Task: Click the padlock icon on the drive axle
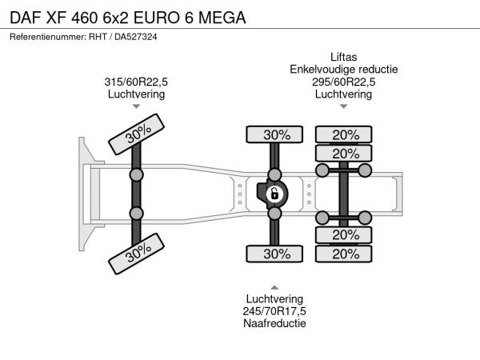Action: [x=274, y=194]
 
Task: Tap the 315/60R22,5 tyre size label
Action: [x=136, y=82]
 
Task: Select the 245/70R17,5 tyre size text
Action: [x=274, y=311]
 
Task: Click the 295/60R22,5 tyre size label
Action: [x=343, y=82]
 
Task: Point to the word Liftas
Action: [x=343, y=57]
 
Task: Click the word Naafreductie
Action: [x=274, y=323]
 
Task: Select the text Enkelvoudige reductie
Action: [x=344, y=70]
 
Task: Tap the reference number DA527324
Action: [x=136, y=37]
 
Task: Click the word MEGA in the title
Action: [x=222, y=18]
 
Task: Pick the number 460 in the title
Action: [x=84, y=18]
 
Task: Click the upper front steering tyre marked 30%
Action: [x=136, y=134]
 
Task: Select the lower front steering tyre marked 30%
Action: [x=136, y=254]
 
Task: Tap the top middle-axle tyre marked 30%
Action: [x=274, y=134]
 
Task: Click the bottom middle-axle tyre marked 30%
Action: [x=274, y=254]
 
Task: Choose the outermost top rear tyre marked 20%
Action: [x=344, y=134]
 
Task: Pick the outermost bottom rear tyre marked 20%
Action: [x=344, y=254]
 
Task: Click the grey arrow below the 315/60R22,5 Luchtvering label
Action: [x=136, y=106]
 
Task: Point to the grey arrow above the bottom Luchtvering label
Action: [x=274, y=287]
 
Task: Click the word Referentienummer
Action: [x=48, y=37]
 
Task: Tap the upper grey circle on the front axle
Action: [x=136, y=175]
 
